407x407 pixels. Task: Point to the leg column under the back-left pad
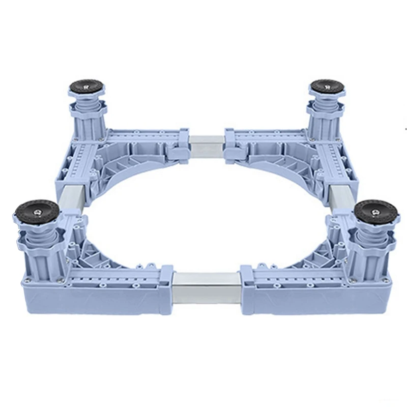(x=89, y=122)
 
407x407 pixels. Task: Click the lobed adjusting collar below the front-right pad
(x=374, y=237)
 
